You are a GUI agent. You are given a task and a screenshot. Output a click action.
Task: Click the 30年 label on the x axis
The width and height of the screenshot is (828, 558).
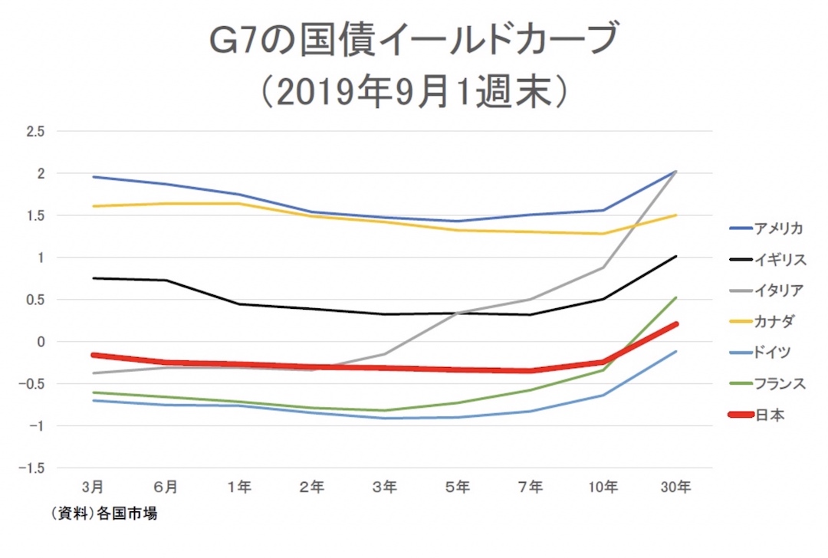click(676, 487)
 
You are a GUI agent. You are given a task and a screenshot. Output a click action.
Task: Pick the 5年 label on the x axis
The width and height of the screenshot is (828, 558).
click(458, 487)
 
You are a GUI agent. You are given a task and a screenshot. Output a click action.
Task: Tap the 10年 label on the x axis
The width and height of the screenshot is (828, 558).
click(603, 487)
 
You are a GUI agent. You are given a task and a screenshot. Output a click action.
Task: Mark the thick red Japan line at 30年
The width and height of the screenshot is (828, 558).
click(676, 324)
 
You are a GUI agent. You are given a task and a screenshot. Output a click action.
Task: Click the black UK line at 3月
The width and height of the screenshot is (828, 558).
click(93, 278)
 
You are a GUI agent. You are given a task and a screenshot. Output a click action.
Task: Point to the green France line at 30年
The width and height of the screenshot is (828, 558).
click(676, 297)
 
